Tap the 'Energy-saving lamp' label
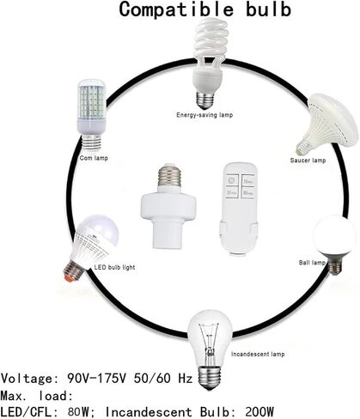click(x=204, y=115)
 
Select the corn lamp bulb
click(x=92, y=114)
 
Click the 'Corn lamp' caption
click(x=94, y=158)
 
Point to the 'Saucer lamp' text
click(x=308, y=161)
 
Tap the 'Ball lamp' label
click(x=312, y=263)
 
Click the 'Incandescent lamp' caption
click(x=258, y=355)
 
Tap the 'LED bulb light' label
click(x=114, y=267)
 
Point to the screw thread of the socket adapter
click(x=169, y=175)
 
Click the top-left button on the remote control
click(x=232, y=180)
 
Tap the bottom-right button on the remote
click(x=248, y=193)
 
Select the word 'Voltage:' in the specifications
click(x=27, y=379)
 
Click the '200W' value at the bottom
click(x=259, y=412)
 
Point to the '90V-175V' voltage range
click(x=96, y=379)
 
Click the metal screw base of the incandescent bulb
click(x=210, y=377)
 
